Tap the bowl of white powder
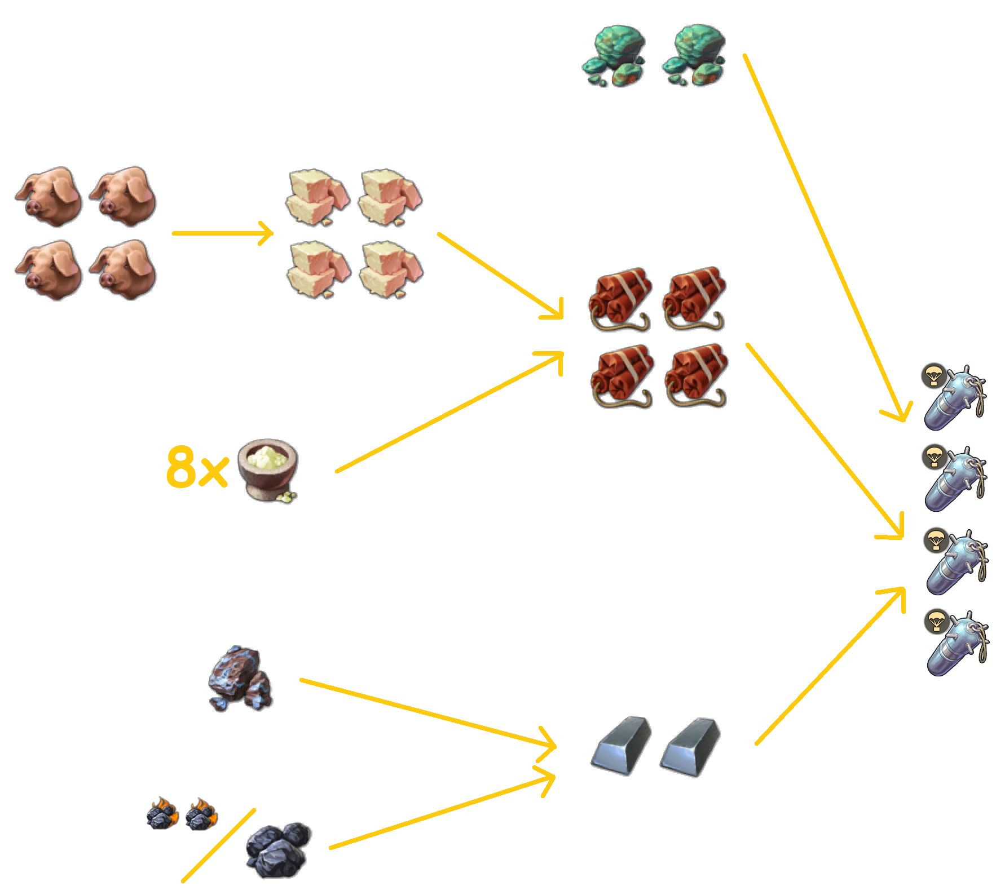tap(268, 469)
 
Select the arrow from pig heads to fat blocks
tap(222, 233)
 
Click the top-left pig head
tap(50, 196)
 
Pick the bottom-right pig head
tap(124, 270)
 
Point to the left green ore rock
tap(613, 56)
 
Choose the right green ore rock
tap(694, 56)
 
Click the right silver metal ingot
tap(690, 746)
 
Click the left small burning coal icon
tap(162, 813)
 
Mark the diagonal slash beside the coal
tap(218, 845)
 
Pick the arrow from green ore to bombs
tap(823, 237)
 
